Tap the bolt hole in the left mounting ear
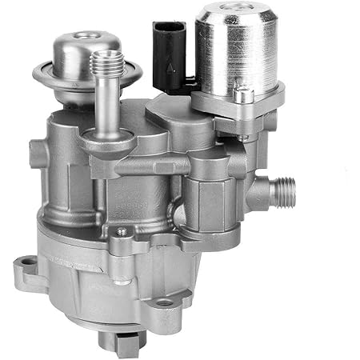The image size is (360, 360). [28, 261]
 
